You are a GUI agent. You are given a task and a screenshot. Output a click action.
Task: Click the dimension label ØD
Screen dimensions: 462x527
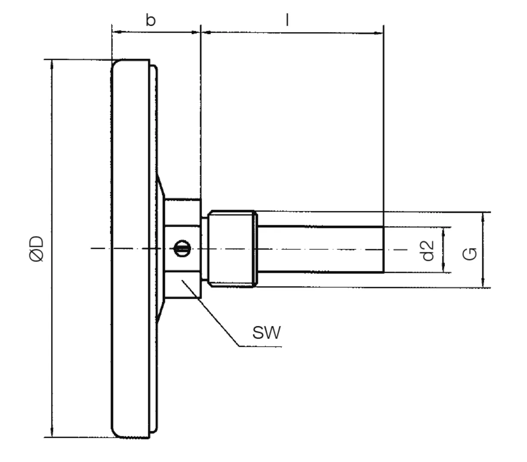click(x=37, y=248)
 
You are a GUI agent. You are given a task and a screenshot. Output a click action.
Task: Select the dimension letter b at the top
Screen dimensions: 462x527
click(x=150, y=20)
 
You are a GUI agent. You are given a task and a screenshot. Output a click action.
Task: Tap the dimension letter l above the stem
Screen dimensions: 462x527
click(x=287, y=20)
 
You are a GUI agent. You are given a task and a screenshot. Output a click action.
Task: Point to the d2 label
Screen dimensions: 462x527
click(x=428, y=250)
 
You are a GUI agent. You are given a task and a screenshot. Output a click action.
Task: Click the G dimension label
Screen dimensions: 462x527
click(x=470, y=253)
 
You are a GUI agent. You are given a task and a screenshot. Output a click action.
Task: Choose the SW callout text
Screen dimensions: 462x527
click(x=266, y=332)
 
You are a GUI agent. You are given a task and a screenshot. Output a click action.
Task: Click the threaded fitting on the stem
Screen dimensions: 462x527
click(x=231, y=249)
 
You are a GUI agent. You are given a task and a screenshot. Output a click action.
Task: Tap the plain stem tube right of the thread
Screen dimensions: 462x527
click(x=321, y=249)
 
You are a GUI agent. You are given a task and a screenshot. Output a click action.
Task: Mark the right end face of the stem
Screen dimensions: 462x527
click(x=383, y=249)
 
